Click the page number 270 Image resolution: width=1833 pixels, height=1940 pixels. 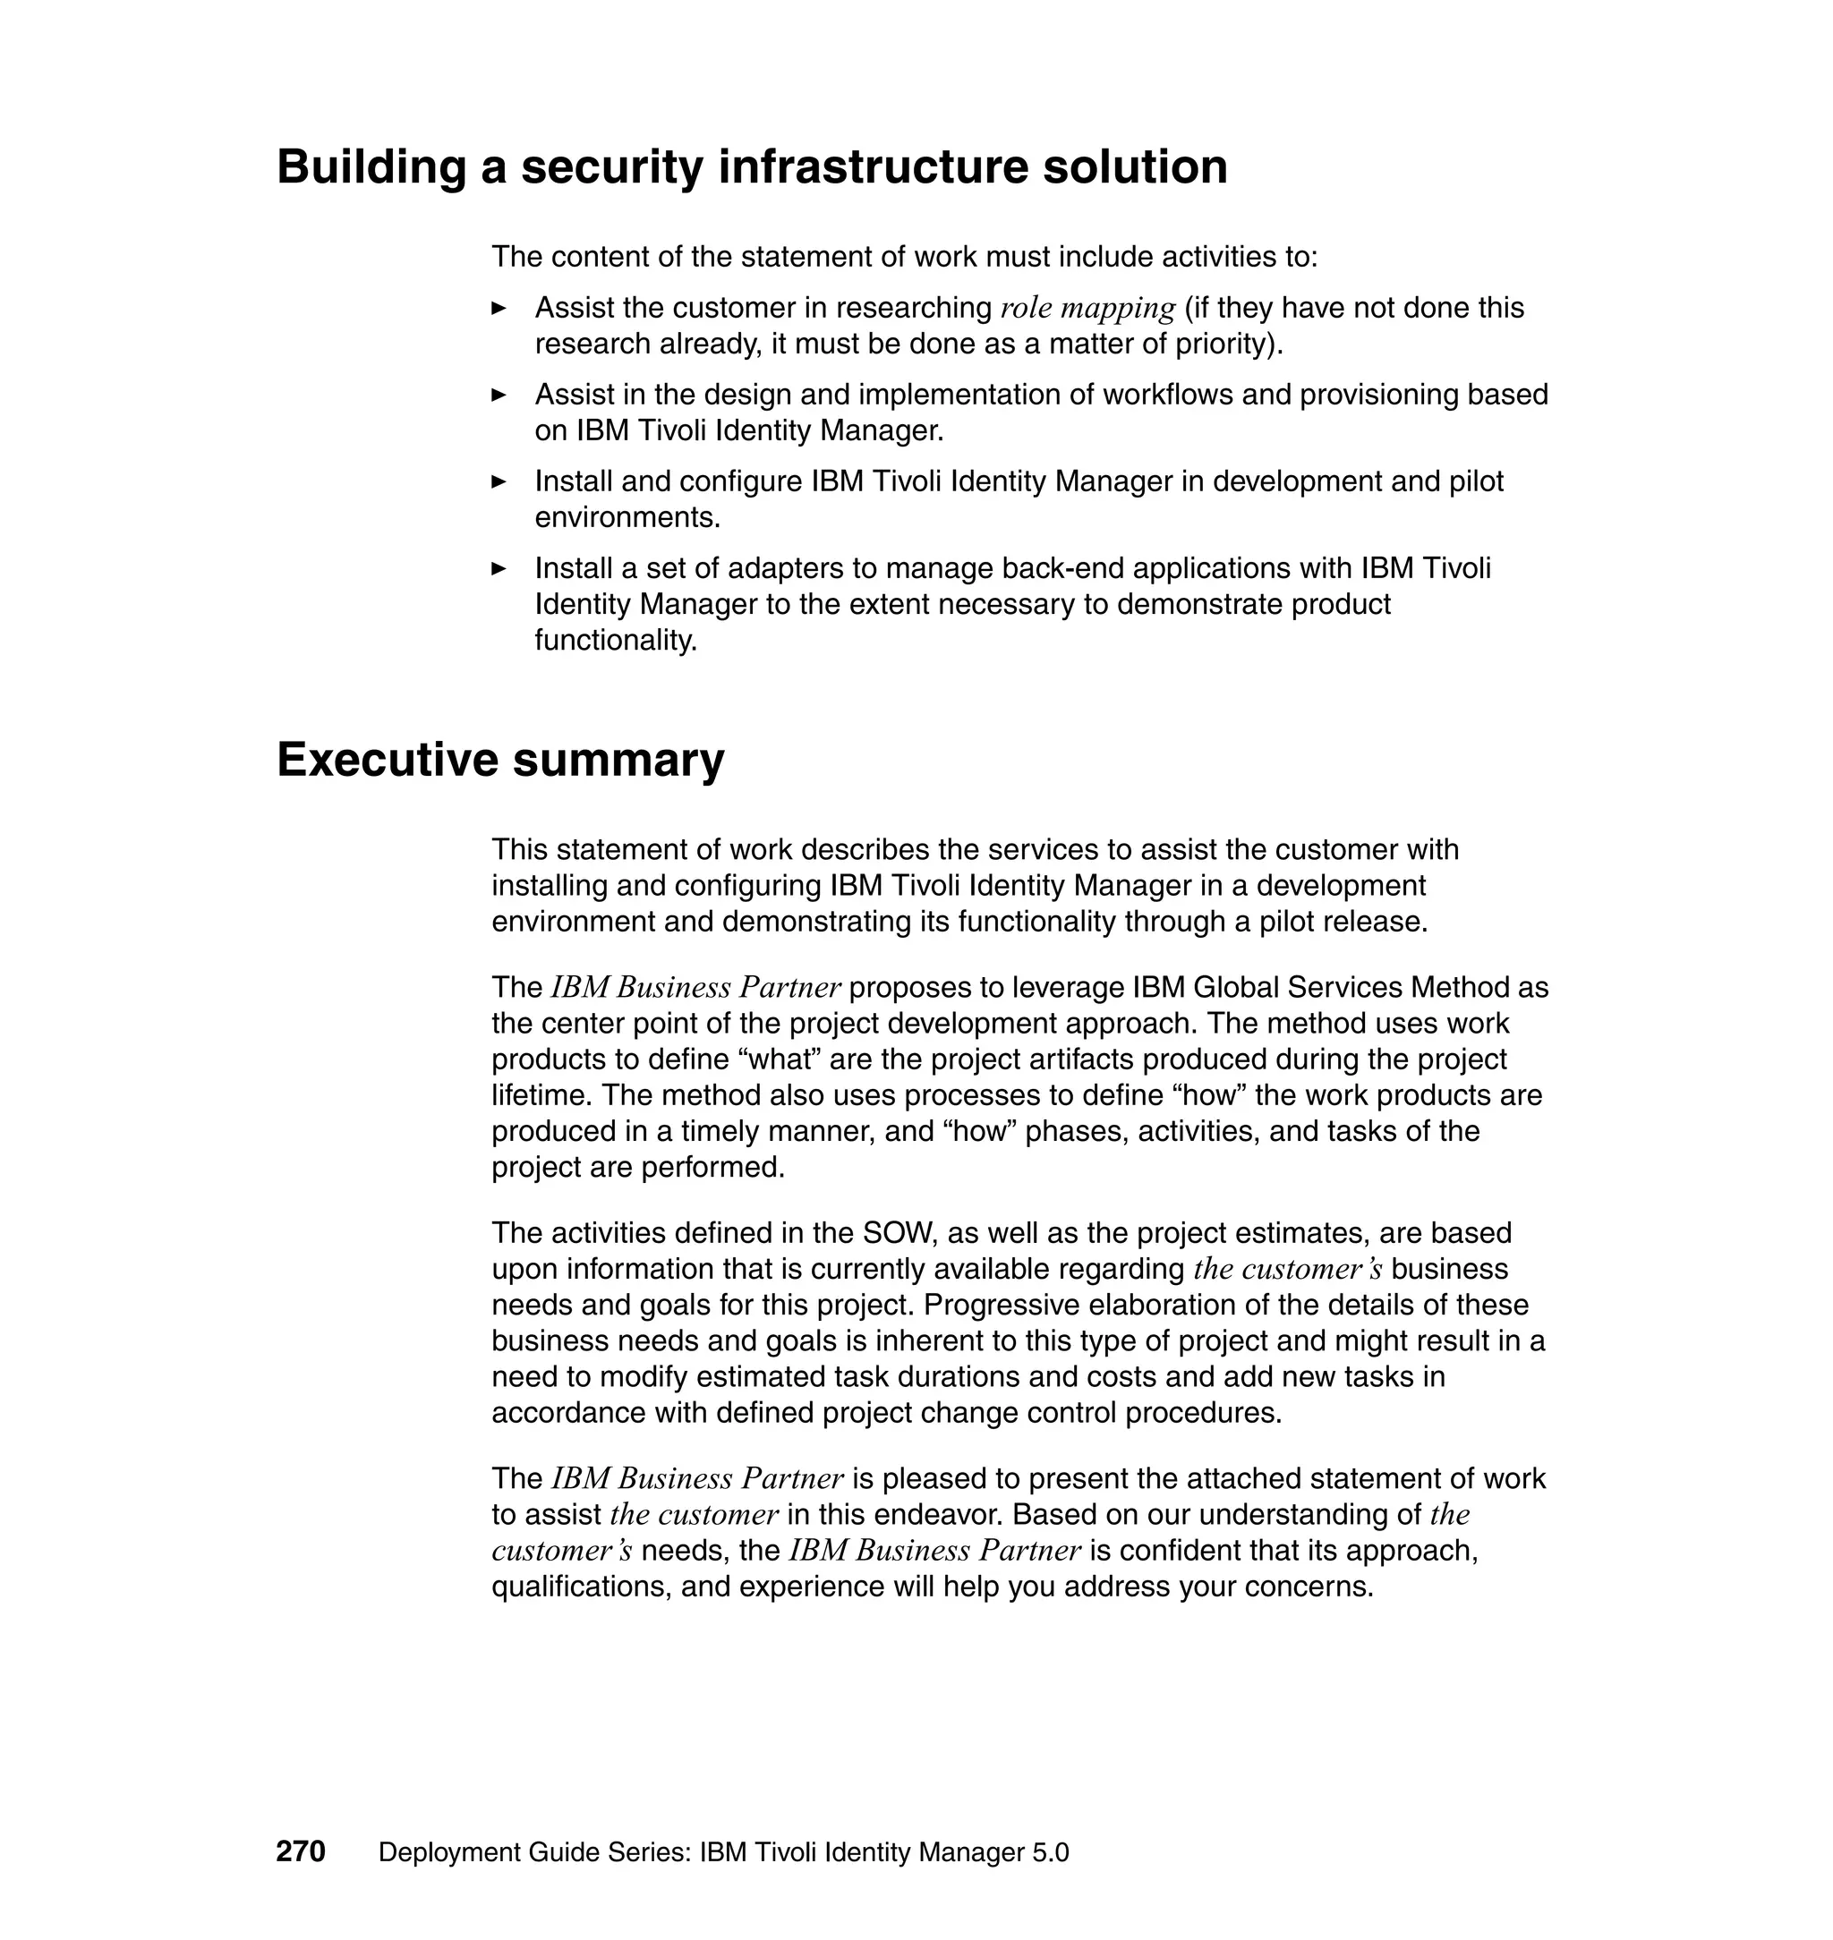(300, 1851)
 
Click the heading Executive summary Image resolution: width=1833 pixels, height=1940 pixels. (500, 759)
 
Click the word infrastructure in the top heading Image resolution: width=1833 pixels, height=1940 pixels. (873, 166)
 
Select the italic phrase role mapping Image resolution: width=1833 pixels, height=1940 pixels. (1087, 308)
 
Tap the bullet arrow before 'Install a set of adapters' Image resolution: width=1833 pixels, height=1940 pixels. (499, 567)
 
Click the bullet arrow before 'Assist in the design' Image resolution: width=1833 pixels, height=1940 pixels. (499, 395)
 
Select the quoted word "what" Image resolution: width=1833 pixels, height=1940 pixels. (780, 1059)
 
